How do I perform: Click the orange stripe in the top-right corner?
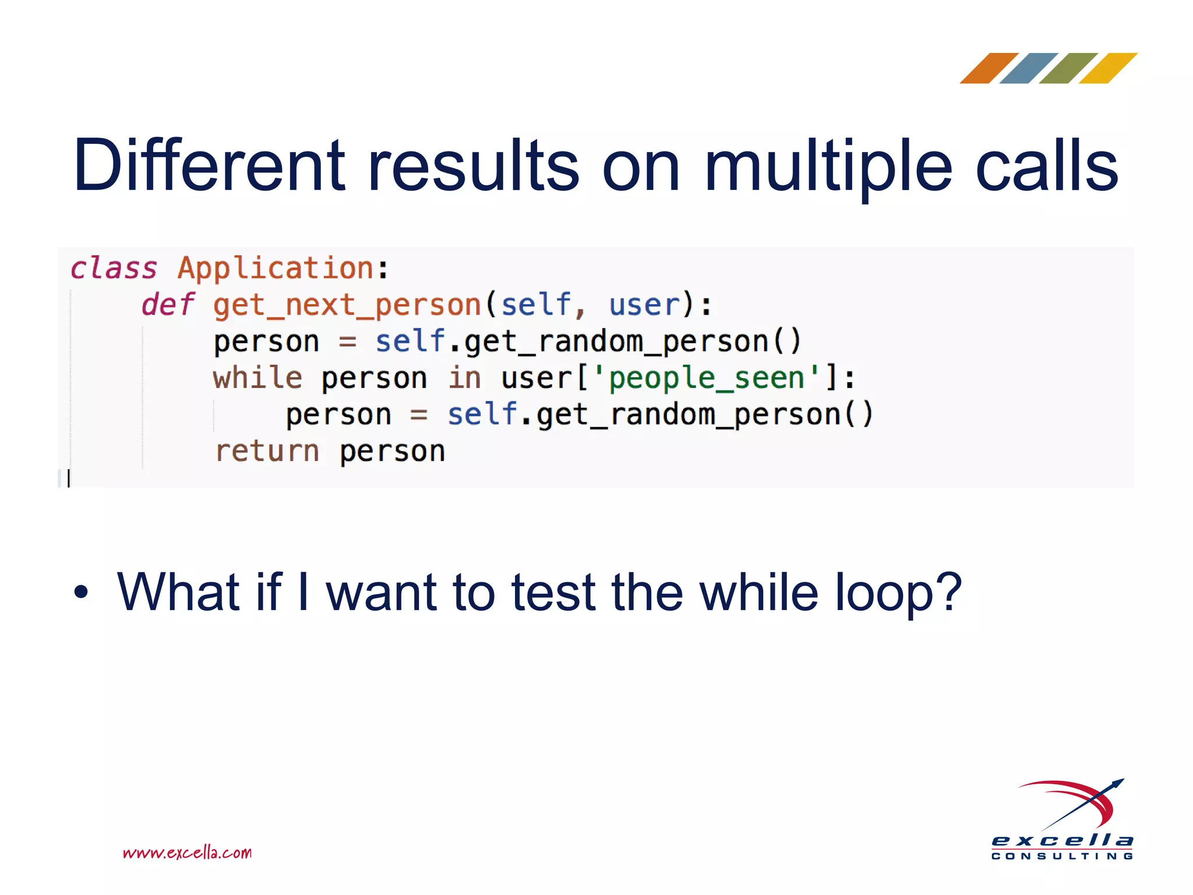coord(989,68)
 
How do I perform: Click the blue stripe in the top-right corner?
coord(1028,68)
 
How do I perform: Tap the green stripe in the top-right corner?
coord(1068,68)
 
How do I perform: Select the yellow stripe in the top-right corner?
coord(1107,68)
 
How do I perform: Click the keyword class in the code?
coord(114,269)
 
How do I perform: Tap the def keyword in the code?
coord(168,305)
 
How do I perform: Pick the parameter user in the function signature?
coord(644,305)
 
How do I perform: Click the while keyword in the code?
coord(257,378)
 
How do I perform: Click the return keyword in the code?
coord(267,451)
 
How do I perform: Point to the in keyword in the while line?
coord(464,378)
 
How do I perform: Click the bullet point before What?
coord(81,593)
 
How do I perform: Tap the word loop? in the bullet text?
coord(898,593)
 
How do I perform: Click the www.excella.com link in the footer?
coord(187,852)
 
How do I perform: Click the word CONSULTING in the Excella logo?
coord(1062,856)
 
